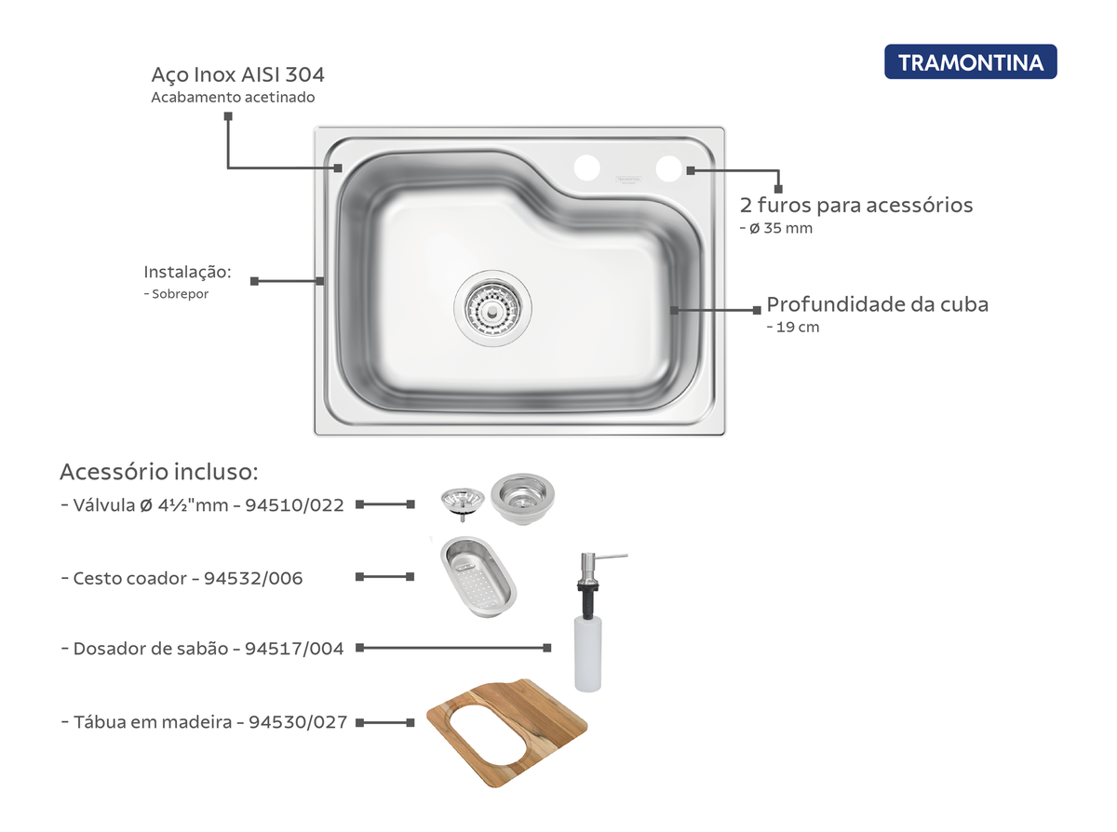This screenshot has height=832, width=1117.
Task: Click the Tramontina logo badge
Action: (x=970, y=62)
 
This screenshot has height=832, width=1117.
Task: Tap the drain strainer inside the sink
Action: (x=492, y=308)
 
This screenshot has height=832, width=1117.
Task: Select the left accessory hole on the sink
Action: (x=586, y=168)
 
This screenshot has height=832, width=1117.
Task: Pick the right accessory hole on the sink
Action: (x=668, y=168)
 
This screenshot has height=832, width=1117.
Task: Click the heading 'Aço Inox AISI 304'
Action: (x=237, y=75)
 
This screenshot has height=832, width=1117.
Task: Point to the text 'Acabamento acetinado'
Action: (x=233, y=97)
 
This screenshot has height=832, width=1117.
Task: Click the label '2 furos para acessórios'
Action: (x=856, y=205)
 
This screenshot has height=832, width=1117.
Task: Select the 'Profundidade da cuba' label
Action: (x=877, y=304)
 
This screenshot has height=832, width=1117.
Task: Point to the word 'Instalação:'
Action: (x=187, y=272)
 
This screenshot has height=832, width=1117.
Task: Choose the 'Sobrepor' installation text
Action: (x=181, y=293)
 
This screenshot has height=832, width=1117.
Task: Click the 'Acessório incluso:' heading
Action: (x=158, y=472)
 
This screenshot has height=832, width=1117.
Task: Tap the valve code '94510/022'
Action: (x=294, y=504)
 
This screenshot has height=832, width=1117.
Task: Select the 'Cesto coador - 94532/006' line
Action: (x=182, y=578)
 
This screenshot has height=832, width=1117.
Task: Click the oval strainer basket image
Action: (x=478, y=577)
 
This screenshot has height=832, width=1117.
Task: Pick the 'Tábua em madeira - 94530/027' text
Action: (x=205, y=721)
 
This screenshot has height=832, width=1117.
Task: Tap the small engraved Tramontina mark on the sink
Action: (x=628, y=180)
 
